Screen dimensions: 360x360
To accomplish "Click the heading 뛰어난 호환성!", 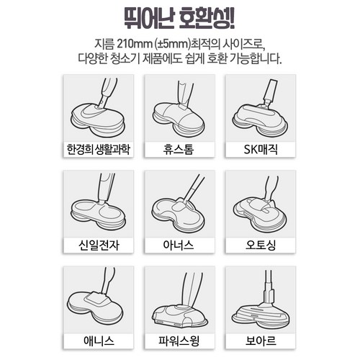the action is pos(179,18).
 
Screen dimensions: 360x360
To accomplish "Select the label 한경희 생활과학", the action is pos(99,149).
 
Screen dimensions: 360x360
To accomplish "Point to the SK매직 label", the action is pos(261,149).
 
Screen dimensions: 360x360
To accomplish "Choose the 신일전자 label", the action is pos(99,245).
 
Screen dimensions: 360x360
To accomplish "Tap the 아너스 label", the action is pos(179,245).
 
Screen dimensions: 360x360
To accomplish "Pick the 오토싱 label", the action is pos(261,245).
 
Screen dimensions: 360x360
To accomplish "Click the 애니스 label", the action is pos(99,341).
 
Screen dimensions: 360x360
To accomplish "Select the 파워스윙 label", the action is pos(179,341).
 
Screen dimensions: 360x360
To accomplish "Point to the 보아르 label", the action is pos(261,341).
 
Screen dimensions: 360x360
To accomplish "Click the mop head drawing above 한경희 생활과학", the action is pos(98,120).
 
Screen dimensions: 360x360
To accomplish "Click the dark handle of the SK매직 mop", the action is pos(271,91).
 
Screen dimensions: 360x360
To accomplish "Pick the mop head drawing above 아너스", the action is pos(178,215).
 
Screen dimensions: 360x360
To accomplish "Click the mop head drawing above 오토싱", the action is pos(260,215).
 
